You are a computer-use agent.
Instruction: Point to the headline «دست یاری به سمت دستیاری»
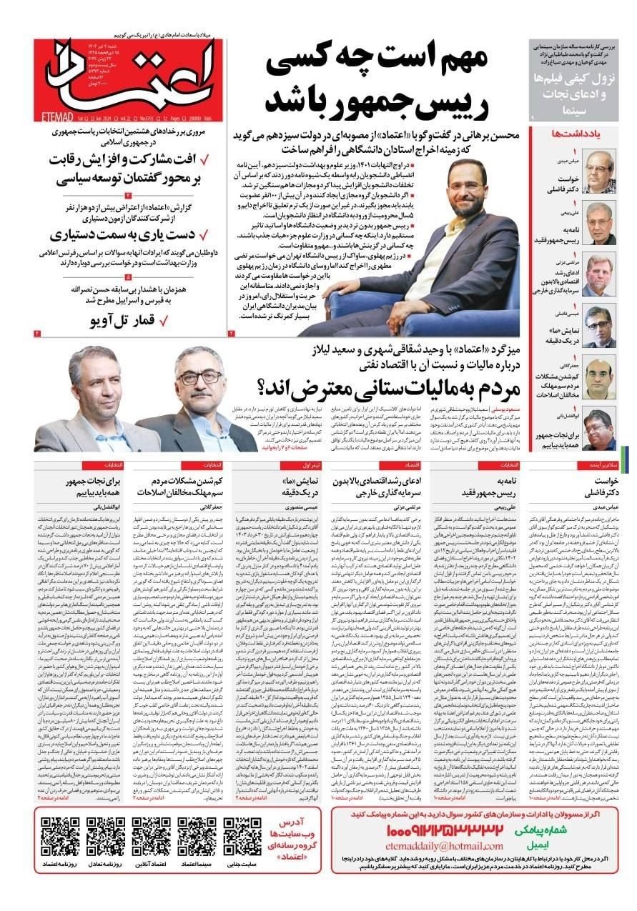pyautogui.click(x=123, y=234)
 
